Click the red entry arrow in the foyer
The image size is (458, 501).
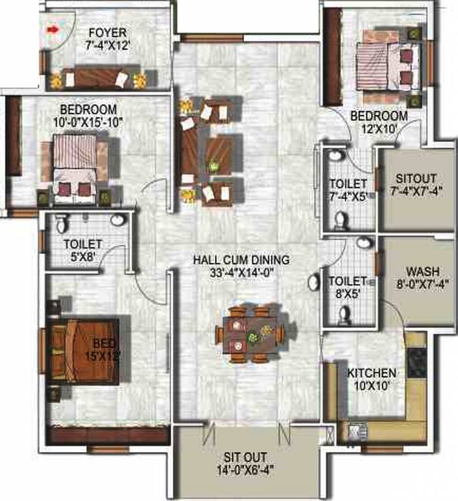point(53,30)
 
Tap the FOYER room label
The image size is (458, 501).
point(108,33)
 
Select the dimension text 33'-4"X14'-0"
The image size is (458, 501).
point(241,273)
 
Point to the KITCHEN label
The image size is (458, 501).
point(372,373)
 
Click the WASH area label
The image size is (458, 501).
point(423,271)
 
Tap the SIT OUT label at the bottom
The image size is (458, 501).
point(245,457)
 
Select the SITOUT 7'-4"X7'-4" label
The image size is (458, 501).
point(416,185)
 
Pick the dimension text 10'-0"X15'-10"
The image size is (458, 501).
point(89,122)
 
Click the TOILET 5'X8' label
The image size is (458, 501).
point(83,250)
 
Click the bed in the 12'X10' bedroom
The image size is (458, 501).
point(388,67)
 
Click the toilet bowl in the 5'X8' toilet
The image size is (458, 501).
point(63,223)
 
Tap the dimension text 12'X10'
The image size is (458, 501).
point(379,129)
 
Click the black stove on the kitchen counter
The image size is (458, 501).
point(417,363)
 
